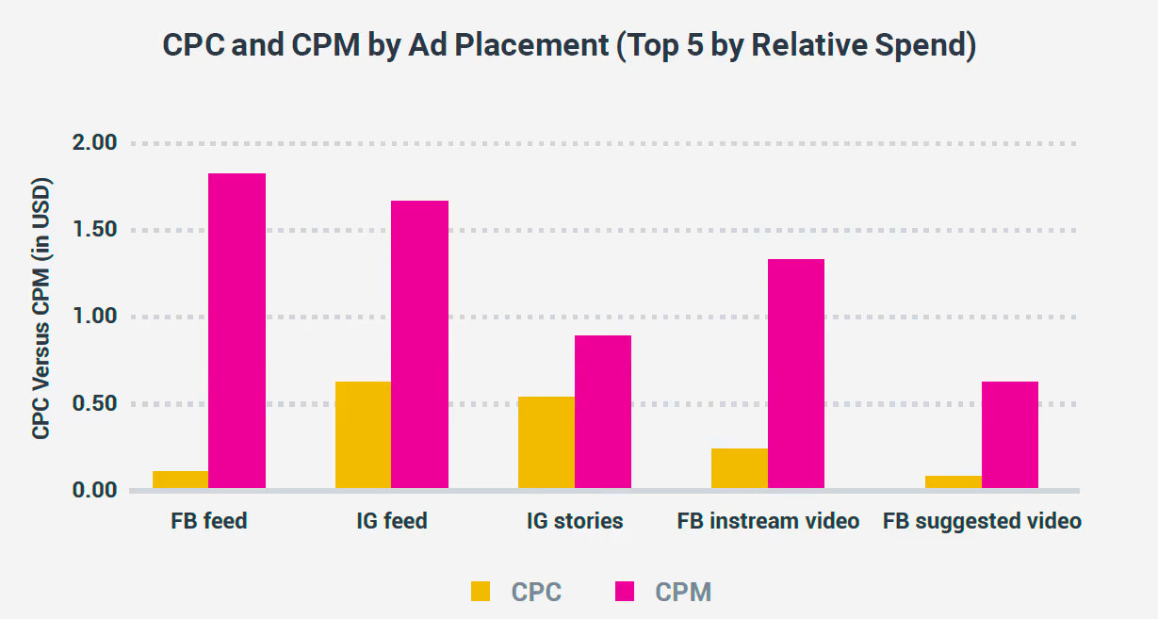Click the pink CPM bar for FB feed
coord(236,331)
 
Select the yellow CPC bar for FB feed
coord(180,480)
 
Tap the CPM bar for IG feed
coord(419,344)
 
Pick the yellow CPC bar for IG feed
coord(363,434)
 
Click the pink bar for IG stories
coord(603,412)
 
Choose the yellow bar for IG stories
coord(546,442)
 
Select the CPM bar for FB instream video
coord(796,373)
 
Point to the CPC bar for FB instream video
coord(740,468)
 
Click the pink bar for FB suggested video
coord(1010,434)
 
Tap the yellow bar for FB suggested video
coord(954,481)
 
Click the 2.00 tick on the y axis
coord(93,143)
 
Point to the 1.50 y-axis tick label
coord(93,230)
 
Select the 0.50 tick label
coord(93,404)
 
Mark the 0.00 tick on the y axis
coord(93,491)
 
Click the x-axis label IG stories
coord(575,521)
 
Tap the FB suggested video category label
coord(982,521)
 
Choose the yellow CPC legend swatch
coord(481,592)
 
